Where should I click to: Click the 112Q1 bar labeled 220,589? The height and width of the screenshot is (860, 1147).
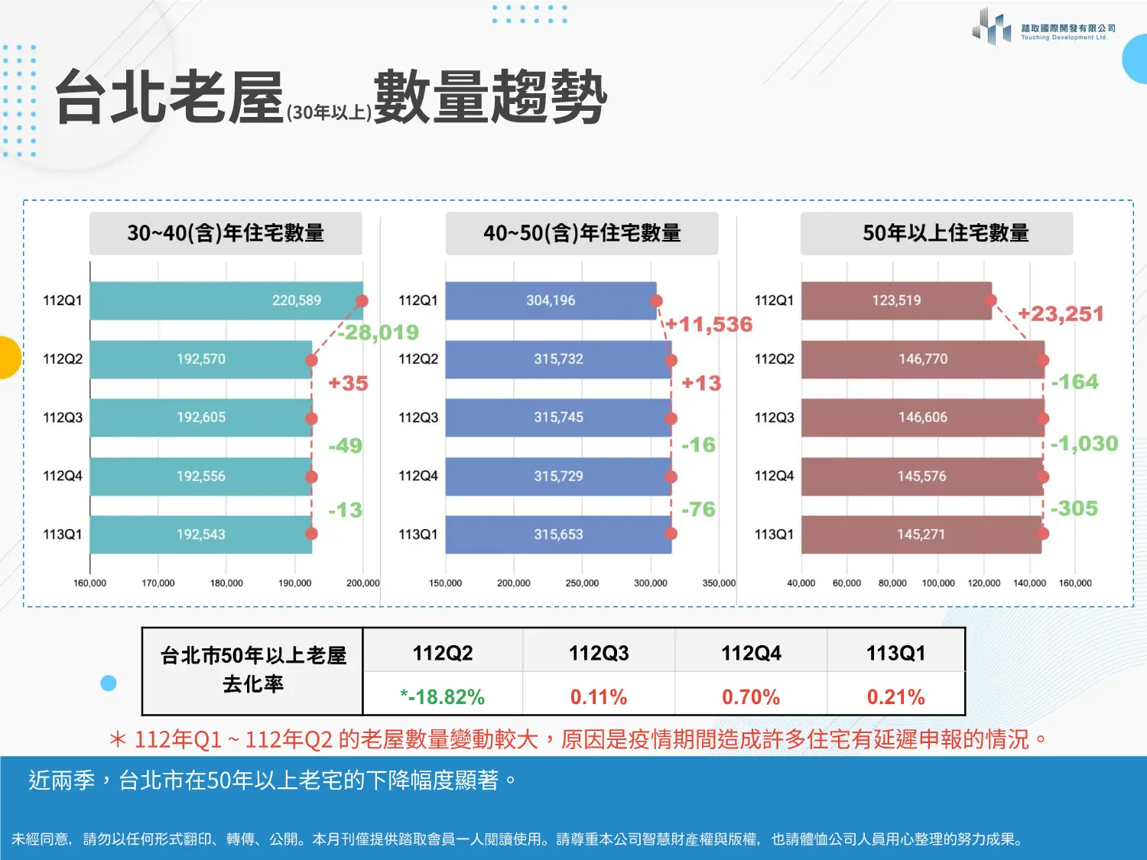pos(226,300)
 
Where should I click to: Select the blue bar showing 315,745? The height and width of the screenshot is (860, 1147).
pos(558,417)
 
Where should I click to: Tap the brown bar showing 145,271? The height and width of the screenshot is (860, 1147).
pos(921,534)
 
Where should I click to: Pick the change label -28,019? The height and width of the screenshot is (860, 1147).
pos(379,333)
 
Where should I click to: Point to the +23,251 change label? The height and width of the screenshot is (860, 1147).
pos(1061,314)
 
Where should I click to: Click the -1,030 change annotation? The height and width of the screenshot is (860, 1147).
pos(1084,443)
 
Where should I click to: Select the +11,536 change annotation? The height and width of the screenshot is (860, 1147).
pos(709,325)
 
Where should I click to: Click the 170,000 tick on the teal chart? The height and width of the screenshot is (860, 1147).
pos(158,583)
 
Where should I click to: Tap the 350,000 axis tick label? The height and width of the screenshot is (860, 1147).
pos(719,583)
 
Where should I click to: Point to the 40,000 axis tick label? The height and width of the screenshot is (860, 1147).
pos(801,583)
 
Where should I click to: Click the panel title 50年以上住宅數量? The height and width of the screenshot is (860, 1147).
pos(945,233)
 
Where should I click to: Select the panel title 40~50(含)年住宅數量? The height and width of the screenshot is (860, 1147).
pos(582,233)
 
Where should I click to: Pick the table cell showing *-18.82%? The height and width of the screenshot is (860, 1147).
pos(443,697)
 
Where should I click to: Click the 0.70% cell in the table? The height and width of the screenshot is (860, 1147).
pos(751,697)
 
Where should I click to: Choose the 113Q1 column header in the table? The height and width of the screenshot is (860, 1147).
pos(895,653)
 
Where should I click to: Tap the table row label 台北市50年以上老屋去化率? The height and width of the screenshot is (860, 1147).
pos(253,670)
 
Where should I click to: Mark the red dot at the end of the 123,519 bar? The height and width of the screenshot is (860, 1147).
pos(991,300)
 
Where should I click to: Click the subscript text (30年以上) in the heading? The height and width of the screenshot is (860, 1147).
pos(330,112)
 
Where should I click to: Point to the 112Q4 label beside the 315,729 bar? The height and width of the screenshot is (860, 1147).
pos(418,476)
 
